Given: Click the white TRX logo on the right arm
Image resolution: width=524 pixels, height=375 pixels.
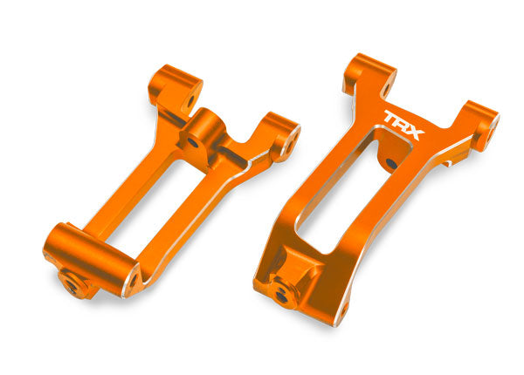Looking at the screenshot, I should [x=403, y=124].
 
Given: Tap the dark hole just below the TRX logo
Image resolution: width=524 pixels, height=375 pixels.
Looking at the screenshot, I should [x=390, y=163].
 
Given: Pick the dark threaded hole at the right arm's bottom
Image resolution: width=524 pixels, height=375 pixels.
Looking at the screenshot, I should [x=281, y=295].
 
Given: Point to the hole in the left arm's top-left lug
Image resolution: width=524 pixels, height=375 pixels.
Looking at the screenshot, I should [x=190, y=101].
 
